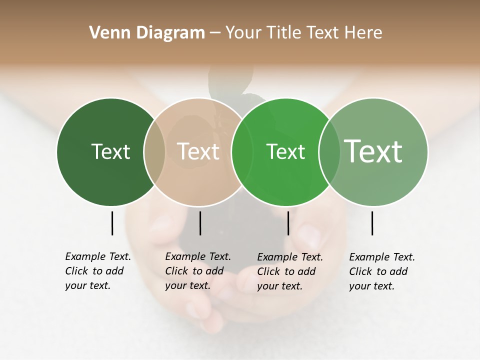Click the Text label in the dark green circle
click(x=110, y=151)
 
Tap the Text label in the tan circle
click(x=198, y=151)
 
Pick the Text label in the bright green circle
click(x=285, y=151)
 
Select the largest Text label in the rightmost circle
click(x=373, y=151)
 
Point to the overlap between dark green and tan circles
click(x=154, y=151)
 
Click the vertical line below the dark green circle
click(x=112, y=223)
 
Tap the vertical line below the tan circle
click(x=200, y=223)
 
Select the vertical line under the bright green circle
click(x=288, y=223)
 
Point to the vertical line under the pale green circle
click(x=372, y=223)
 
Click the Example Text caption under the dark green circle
click(x=98, y=271)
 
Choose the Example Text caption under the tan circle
click(x=198, y=271)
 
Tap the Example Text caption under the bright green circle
click(x=290, y=271)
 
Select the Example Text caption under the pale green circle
click(x=382, y=271)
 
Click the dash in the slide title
click(x=215, y=33)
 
